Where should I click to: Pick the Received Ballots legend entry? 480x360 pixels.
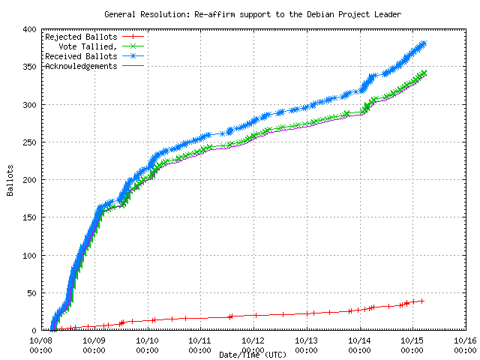click(81, 56)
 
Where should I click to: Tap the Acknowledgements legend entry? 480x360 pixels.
click(81, 66)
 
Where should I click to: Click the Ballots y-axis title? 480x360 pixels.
click(10, 180)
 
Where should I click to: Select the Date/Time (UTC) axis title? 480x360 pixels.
click(253, 354)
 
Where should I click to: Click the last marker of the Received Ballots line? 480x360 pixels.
click(424, 43)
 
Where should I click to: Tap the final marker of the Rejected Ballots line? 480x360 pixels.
click(421, 301)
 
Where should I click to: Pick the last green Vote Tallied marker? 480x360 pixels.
click(424, 73)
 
